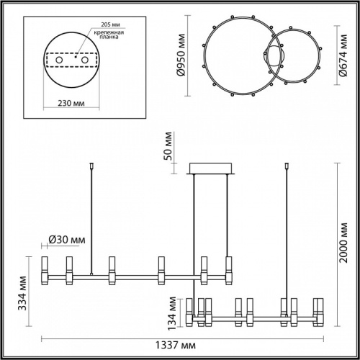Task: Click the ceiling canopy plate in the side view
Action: click(210, 170)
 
